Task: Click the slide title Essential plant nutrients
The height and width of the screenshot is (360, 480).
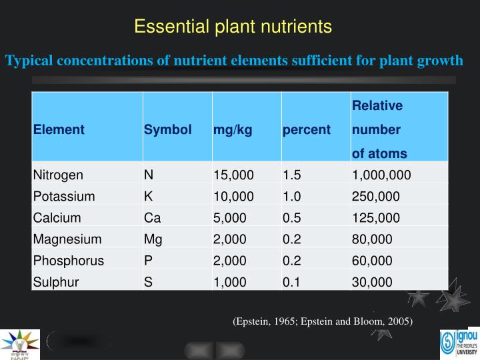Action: coord(233,27)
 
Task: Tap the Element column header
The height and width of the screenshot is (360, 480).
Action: coord(59,129)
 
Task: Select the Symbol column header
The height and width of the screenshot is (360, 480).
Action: coord(167,129)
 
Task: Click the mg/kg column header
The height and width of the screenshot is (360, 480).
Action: coord(233,129)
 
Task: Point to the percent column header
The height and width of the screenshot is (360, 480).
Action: coord(306,129)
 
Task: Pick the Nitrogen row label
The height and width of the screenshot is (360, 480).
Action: coord(58,175)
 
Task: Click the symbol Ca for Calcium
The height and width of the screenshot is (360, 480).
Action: coord(151,217)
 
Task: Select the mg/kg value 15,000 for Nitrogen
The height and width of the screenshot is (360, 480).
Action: coord(233,175)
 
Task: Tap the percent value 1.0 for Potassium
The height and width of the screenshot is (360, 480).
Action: coord(291,196)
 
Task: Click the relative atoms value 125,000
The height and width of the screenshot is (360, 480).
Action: coord(375,217)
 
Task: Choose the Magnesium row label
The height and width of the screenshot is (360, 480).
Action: coord(67,239)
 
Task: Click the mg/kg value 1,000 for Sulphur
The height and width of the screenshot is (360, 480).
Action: coord(230,281)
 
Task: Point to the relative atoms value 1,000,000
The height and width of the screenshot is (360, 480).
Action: coord(381,175)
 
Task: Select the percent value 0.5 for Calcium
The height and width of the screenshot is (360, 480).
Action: coord(291,217)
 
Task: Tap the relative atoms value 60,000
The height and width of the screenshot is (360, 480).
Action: coord(372,260)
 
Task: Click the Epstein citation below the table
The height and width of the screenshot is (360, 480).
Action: coord(323,321)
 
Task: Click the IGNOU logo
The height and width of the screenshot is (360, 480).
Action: coord(458,344)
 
